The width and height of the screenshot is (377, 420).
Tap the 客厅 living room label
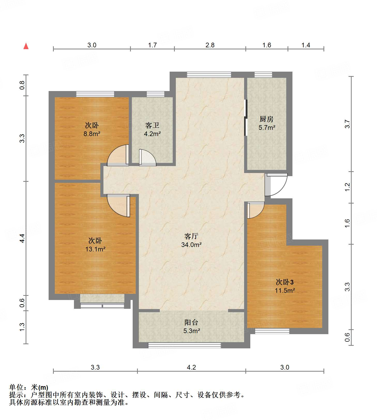191,236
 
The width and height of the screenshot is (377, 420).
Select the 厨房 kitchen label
267,119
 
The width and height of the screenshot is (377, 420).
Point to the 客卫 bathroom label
152,125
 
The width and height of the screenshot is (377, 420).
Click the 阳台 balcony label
191,322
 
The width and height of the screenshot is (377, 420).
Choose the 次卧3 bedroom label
285,282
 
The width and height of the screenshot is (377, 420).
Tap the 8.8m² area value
92,134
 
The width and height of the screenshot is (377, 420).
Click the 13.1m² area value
95,249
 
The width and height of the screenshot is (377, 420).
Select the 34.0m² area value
191,245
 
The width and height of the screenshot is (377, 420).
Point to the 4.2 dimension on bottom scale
191,367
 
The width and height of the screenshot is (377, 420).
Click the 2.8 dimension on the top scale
210,45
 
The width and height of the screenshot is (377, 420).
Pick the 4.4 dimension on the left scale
22,238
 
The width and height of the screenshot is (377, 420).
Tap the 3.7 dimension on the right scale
348,124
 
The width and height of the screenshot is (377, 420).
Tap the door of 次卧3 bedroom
256,210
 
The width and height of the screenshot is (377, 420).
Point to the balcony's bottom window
184,345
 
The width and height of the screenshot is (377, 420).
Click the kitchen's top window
263,74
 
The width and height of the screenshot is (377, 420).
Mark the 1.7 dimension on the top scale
153,45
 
